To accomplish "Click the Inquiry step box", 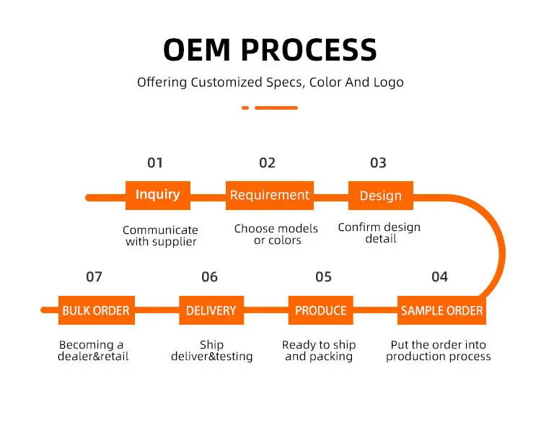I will tap(158, 195).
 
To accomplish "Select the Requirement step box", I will tap(270, 195).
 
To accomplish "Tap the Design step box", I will tap(380, 196).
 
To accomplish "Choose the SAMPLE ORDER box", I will tap(441, 310).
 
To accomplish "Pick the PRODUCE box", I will tap(321, 310).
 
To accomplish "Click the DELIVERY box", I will tap(211, 310).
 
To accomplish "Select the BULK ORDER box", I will tap(96, 310).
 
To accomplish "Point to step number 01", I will tap(155, 162).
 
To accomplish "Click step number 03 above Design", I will tap(378, 162).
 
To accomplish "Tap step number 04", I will tap(439, 276).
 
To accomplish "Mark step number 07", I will tap(94, 276).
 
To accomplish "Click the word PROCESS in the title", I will tap(309, 50).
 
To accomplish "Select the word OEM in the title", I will tap(197, 50).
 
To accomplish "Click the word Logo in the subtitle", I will tap(388, 82).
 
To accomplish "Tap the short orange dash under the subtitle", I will tap(245, 108).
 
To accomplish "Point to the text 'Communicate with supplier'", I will tap(160, 236).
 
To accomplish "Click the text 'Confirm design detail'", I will tap(379, 232).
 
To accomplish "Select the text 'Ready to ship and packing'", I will tap(319, 351).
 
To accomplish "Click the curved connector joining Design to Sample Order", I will tap(498, 245).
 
